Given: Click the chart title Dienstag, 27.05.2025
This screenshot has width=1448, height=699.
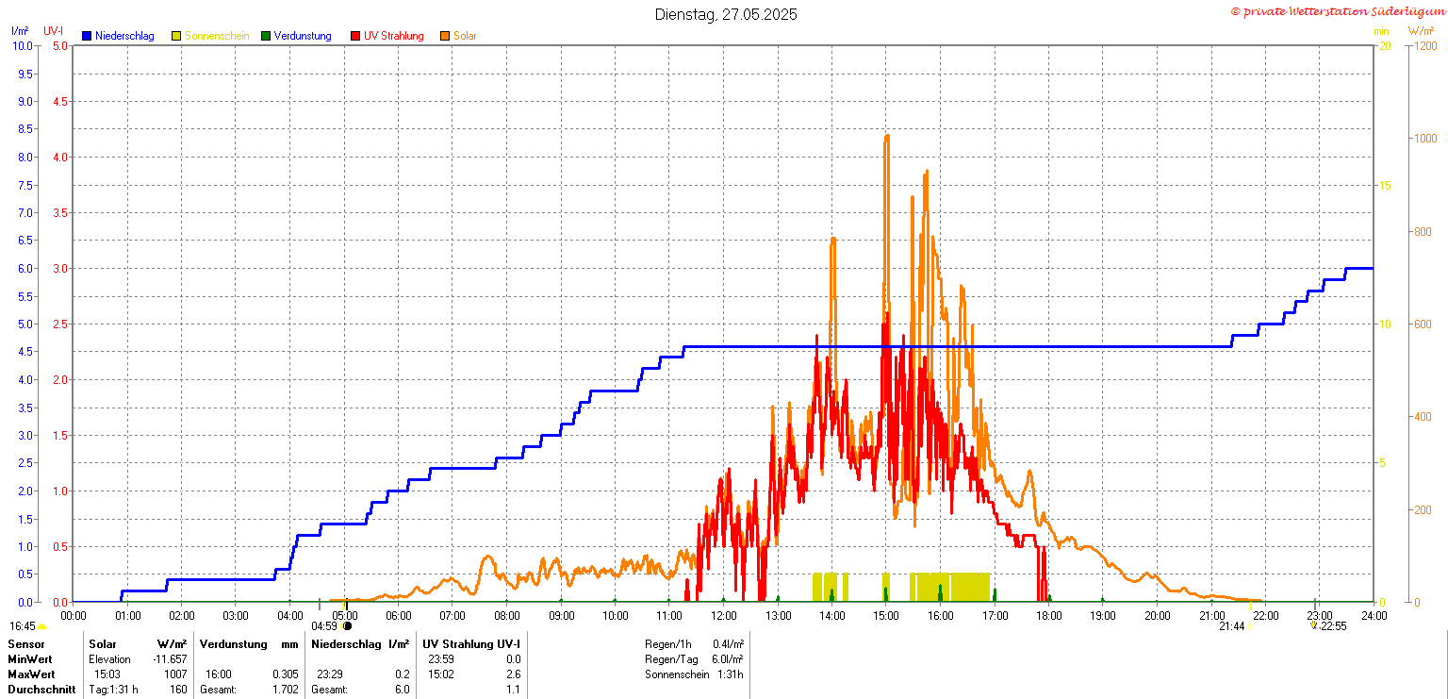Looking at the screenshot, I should point(726,14).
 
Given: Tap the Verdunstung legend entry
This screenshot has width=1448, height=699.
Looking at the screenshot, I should point(302,36).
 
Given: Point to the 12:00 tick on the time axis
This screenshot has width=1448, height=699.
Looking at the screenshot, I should point(724,616).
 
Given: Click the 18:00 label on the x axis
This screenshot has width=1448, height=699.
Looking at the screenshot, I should point(1049,616).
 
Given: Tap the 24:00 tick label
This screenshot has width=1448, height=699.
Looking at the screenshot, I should point(1374,616).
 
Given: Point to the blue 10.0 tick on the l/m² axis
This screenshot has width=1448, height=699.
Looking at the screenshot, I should point(22,46).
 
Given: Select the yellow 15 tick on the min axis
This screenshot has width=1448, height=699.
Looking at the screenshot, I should point(1385,185).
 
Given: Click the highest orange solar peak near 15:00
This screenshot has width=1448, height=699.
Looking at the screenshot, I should point(886,137).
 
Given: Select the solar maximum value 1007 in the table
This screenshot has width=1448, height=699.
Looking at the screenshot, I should point(174,674).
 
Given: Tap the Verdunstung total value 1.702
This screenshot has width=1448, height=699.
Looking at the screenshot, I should point(285,690).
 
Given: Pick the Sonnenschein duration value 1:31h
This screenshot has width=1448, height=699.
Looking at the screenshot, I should point(729,674).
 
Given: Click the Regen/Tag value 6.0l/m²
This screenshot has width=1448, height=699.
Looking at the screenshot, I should point(728,659).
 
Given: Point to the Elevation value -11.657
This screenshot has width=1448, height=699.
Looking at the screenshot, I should point(169,659).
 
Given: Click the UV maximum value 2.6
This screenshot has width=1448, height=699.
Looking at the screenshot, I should point(513,674).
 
